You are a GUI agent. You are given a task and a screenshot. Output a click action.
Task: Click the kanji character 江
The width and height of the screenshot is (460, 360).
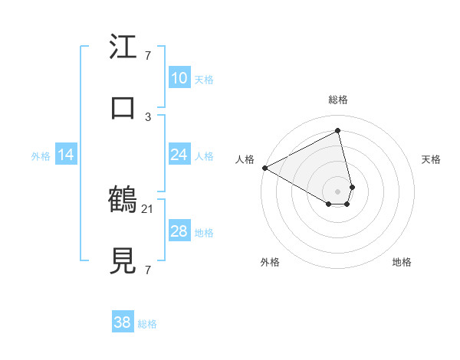point(123,47)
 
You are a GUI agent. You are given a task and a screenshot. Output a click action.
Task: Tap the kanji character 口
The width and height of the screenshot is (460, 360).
point(123,107)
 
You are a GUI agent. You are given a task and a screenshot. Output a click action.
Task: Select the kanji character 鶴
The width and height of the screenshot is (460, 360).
point(123,201)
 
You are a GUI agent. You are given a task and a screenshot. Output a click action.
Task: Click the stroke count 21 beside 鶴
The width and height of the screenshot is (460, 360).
point(149,208)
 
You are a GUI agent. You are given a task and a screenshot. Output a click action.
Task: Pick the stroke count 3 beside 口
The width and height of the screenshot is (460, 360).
point(148,116)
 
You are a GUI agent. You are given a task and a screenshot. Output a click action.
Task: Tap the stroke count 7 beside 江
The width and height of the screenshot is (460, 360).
point(148,56)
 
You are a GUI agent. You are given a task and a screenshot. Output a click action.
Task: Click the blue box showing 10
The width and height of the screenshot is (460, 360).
point(179,78)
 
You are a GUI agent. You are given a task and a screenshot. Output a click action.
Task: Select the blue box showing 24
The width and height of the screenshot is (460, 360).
point(179,155)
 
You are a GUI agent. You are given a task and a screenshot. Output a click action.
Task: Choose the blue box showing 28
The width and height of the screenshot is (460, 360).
point(179,231)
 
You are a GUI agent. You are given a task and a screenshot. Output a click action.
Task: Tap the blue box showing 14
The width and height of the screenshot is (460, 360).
point(66,155)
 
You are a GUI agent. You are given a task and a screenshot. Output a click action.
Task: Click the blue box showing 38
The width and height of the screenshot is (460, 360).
point(123,323)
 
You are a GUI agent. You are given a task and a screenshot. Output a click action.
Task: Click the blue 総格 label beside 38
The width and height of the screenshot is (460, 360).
point(147,324)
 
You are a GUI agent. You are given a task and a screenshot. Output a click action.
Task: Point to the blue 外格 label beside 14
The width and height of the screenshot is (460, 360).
point(41,156)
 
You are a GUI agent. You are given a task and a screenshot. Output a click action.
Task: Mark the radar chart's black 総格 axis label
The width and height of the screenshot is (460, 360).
point(338,100)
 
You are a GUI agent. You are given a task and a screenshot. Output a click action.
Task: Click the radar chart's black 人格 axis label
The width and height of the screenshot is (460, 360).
point(245,159)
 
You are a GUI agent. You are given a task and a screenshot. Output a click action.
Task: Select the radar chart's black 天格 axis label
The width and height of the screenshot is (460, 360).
point(432,159)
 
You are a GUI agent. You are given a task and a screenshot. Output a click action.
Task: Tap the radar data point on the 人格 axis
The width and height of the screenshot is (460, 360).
point(264,168)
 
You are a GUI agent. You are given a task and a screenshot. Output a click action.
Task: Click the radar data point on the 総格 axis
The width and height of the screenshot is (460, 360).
point(338,132)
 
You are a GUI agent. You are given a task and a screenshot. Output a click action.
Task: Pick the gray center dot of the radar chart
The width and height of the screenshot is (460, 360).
point(338,191)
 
